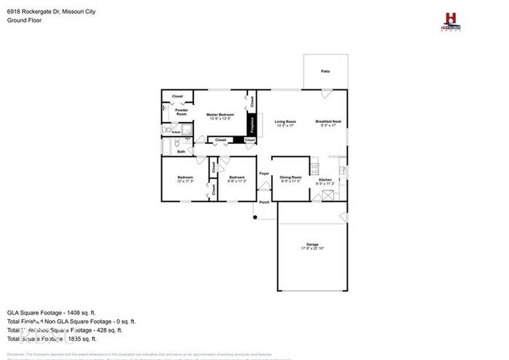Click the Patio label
click(x=325, y=71)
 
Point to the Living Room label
click(x=285, y=121)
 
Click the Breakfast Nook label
click(x=328, y=121)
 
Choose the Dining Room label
click(x=291, y=178)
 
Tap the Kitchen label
click(x=326, y=181)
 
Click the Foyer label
click(x=265, y=173)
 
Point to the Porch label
click(x=265, y=200)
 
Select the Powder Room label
click(x=182, y=112)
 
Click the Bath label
click(x=181, y=152)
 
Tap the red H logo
click(x=450, y=18)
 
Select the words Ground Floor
click(x=24, y=21)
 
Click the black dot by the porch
click(x=255, y=217)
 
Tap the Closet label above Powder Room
click(x=178, y=96)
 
